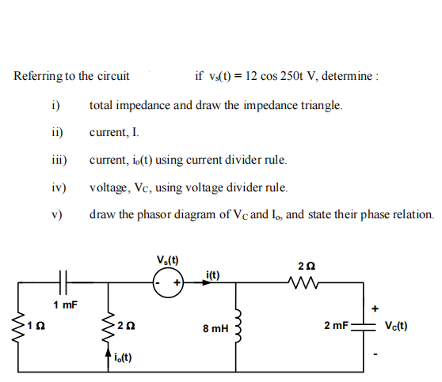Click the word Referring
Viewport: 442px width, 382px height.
pyautogui.click(x=36, y=77)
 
